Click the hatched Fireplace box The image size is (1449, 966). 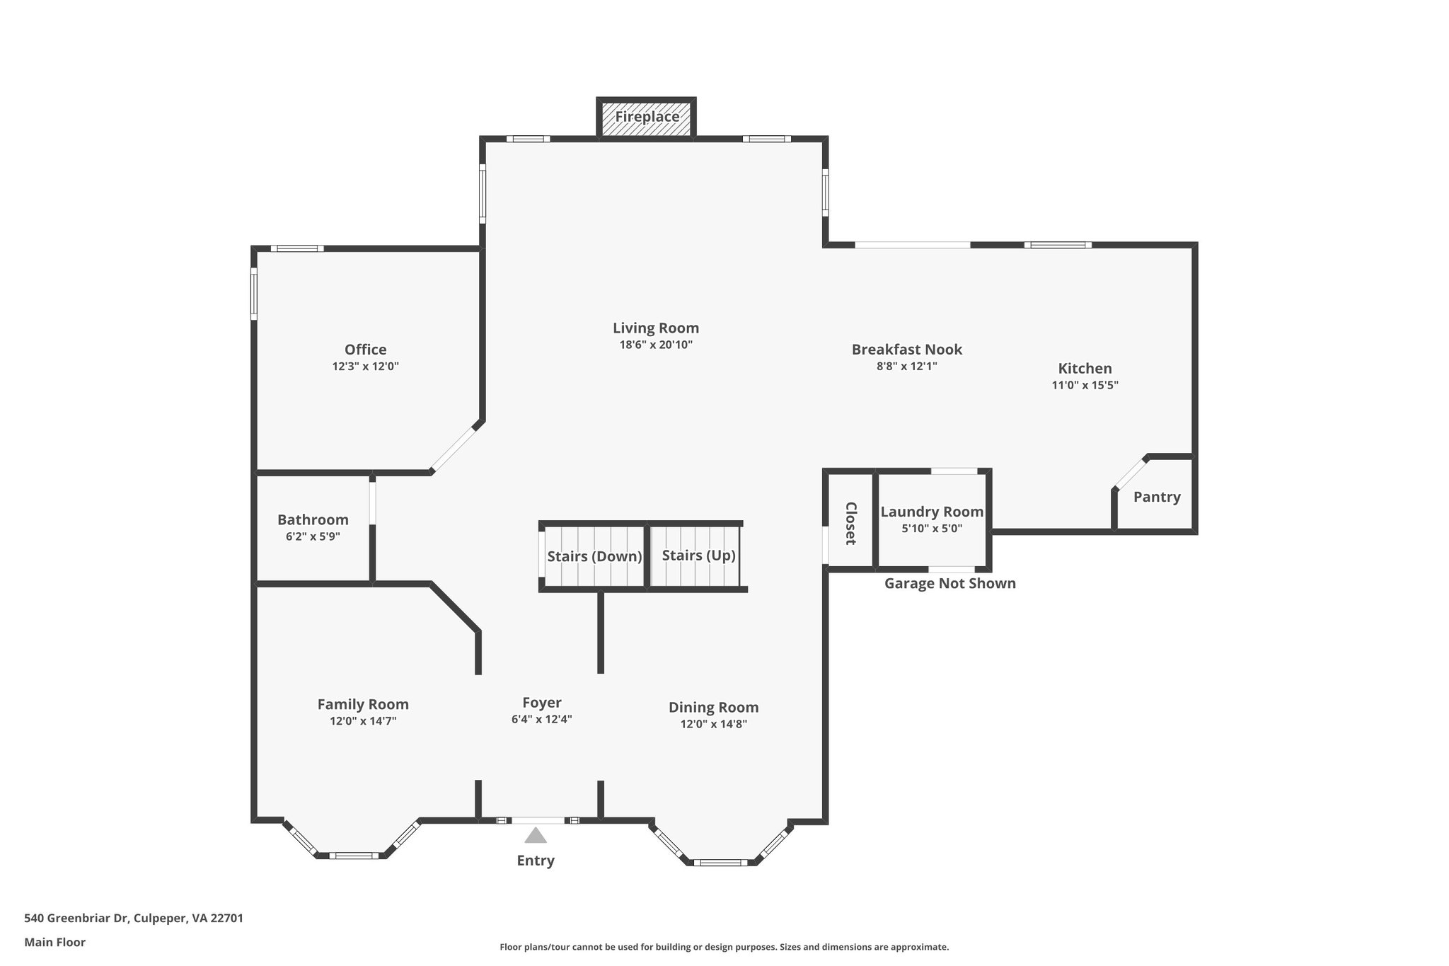(647, 117)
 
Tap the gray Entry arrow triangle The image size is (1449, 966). (536, 835)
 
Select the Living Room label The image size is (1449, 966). (656, 328)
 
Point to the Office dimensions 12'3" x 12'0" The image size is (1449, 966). (366, 367)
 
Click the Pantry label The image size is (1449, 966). (1157, 498)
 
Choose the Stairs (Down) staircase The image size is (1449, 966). (594, 556)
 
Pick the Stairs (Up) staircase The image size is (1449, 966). (697, 556)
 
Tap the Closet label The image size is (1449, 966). (851, 523)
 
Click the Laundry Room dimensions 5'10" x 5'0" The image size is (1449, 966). (932, 529)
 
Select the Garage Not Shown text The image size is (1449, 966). (950, 584)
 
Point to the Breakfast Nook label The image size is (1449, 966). (907, 350)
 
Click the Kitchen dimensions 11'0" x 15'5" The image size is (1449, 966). (1085, 386)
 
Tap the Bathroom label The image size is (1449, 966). (313, 520)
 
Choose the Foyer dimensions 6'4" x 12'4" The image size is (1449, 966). (542, 720)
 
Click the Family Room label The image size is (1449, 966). (363, 705)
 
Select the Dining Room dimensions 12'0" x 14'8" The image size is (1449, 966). (713, 724)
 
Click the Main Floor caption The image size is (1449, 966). (54, 943)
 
